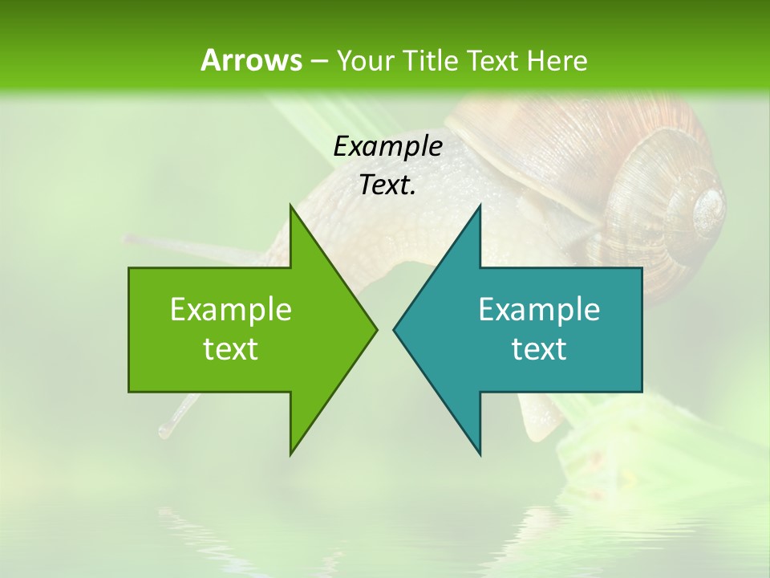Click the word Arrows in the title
coord(251,60)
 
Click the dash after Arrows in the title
coord(318,62)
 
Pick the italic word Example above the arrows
coord(387,147)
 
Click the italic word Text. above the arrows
coord(387,185)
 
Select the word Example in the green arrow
coord(231,309)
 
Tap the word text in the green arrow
coord(231,349)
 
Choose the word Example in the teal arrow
coord(539,309)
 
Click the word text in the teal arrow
coord(539,349)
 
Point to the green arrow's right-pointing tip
coord(375,328)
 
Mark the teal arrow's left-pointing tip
coord(395,328)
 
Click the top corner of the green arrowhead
coord(291,206)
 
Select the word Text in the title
coord(492,61)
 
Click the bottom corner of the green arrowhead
coord(291,453)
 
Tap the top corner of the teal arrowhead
coord(480,206)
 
